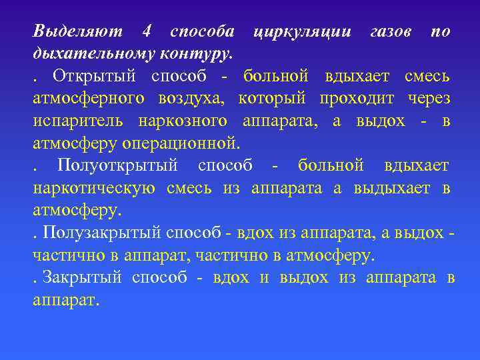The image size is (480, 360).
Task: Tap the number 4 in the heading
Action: tap(147, 31)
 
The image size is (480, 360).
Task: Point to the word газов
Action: tap(389, 31)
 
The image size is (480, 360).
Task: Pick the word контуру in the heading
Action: tap(200, 53)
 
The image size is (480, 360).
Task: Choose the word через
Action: tap(426, 99)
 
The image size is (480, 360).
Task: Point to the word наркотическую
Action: tap(95, 189)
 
